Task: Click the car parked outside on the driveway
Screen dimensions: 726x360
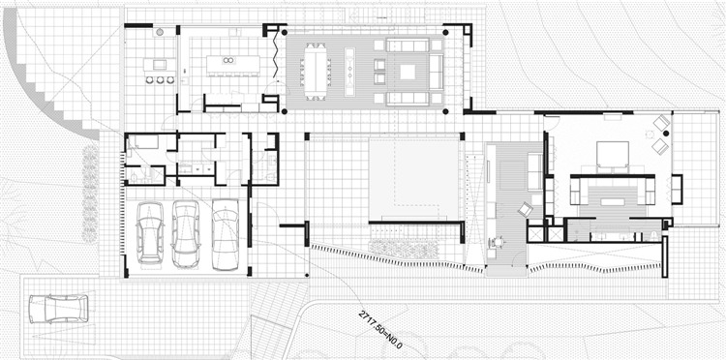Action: (x=58, y=309)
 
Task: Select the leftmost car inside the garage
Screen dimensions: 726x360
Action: (x=150, y=233)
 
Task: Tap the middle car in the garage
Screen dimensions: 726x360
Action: (x=186, y=233)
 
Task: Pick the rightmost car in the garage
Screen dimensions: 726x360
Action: (x=225, y=234)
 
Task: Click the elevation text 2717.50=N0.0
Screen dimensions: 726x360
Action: (x=380, y=329)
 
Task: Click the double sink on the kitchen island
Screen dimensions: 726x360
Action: (x=227, y=60)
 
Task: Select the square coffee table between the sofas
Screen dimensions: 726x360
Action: (x=408, y=72)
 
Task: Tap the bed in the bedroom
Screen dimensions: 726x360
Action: (x=612, y=155)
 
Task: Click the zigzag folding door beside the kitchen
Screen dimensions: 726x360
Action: (x=277, y=54)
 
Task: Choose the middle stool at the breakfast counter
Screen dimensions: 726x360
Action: (x=160, y=80)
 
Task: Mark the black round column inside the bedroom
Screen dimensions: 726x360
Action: (x=666, y=134)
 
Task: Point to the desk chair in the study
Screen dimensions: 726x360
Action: (x=499, y=242)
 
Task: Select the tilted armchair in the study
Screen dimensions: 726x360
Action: (x=526, y=210)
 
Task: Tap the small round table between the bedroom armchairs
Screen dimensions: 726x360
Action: (x=650, y=135)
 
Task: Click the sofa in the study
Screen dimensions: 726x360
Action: (x=534, y=171)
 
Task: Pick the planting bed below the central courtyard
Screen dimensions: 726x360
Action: (x=404, y=249)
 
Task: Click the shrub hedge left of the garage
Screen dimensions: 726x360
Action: (x=90, y=194)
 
